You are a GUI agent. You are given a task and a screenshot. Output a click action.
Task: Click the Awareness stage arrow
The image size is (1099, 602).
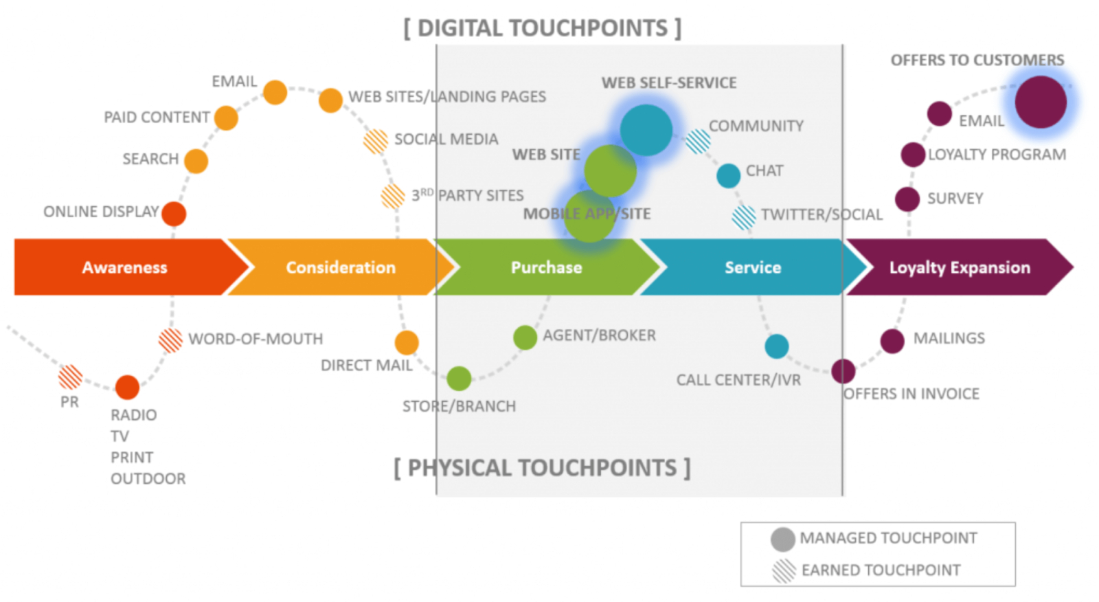(x=125, y=267)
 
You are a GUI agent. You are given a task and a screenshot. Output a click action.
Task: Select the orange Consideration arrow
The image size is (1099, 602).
(x=340, y=267)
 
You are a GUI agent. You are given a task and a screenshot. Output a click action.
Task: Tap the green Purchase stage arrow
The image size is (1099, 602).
(x=546, y=267)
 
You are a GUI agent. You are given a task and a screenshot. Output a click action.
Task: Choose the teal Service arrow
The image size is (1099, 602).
(x=752, y=267)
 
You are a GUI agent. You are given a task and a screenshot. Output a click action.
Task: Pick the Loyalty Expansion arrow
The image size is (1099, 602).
(x=959, y=267)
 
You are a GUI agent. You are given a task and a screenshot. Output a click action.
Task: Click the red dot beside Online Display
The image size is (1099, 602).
(x=174, y=214)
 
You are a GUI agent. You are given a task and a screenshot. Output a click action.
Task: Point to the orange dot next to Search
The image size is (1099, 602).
(x=196, y=161)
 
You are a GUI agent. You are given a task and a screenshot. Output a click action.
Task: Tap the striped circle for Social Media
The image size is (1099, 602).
(x=376, y=141)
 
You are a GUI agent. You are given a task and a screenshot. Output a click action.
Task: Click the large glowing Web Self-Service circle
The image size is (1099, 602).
(x=646, y=130)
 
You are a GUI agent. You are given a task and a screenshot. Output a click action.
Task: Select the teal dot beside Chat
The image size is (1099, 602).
(x=728, y=175)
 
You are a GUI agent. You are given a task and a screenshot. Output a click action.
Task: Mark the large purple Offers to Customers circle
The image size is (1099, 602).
(x=1041, y=102)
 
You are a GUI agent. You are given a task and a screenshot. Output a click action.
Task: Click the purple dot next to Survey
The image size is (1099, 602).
(x=907, y=199)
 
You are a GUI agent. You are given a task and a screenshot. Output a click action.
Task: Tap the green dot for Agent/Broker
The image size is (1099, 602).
(x=525, y=337)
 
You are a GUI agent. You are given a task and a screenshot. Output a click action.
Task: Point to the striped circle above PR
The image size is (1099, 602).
(x=70, y=377)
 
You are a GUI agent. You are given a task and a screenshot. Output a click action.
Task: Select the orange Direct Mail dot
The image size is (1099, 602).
(x=407, y=342)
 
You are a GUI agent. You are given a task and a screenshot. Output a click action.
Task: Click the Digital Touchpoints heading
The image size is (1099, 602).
(x=543, y=28)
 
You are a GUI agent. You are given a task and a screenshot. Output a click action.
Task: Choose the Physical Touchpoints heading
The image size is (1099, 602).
(x=542, y=468)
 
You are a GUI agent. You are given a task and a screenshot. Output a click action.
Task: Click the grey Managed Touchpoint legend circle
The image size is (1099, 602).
(x=782, y=539)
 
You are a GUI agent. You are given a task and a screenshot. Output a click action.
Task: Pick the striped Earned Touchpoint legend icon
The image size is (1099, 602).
(x=784, y=570)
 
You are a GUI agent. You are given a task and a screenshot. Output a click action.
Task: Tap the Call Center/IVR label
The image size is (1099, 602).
(x=738, y=380)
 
